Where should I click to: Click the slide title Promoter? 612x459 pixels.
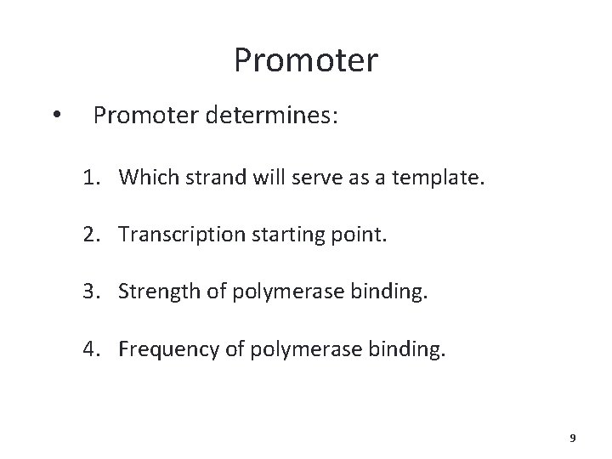point(306,60)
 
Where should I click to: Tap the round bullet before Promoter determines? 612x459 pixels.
point(55,115)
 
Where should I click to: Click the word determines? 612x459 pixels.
point(269,114)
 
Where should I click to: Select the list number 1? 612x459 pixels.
point(89,177)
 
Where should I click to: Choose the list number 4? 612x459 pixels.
point(89,348)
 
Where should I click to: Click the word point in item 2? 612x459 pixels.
point(360,235)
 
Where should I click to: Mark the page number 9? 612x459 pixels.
point(572,438)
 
